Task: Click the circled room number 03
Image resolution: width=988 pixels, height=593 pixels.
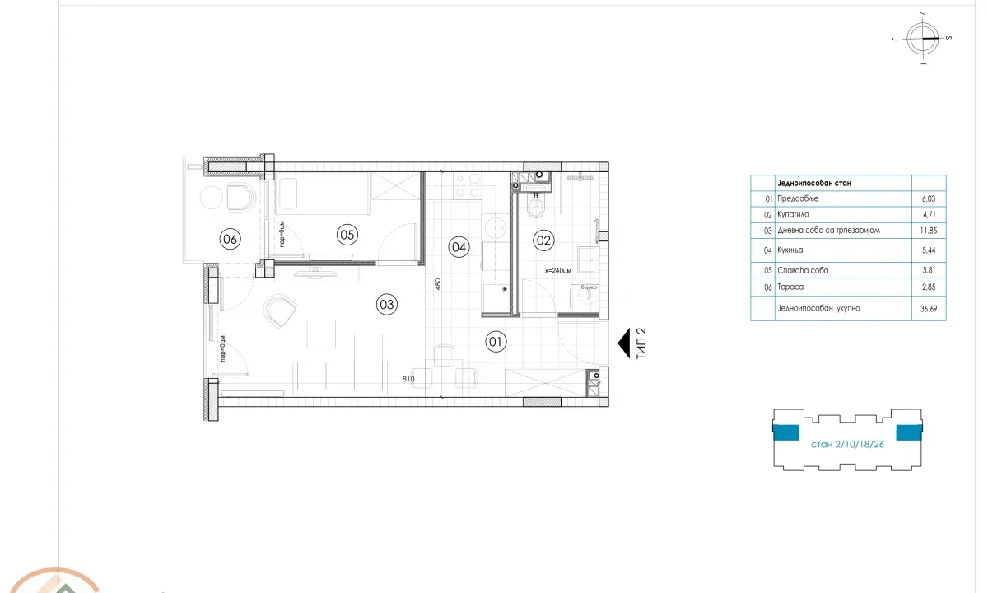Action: pos(387,304)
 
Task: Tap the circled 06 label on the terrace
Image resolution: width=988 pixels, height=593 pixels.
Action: pos(230,240)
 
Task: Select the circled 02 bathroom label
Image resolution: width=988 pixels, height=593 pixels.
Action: pos(543,240)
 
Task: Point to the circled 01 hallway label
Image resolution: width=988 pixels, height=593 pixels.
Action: pos(496,342)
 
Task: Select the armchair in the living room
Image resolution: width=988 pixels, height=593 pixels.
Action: pos(280,311)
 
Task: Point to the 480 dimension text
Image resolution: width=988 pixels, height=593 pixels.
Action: pos(438,284)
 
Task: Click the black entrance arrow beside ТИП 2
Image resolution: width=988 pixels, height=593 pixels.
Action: pos(625,343)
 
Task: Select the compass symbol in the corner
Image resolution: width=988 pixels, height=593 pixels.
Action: pos(922,39)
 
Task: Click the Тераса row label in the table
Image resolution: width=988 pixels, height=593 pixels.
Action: pos(790,286)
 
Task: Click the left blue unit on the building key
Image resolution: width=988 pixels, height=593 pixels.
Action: pos(786,432)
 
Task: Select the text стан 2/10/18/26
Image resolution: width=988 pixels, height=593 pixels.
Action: pos(846,443)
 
